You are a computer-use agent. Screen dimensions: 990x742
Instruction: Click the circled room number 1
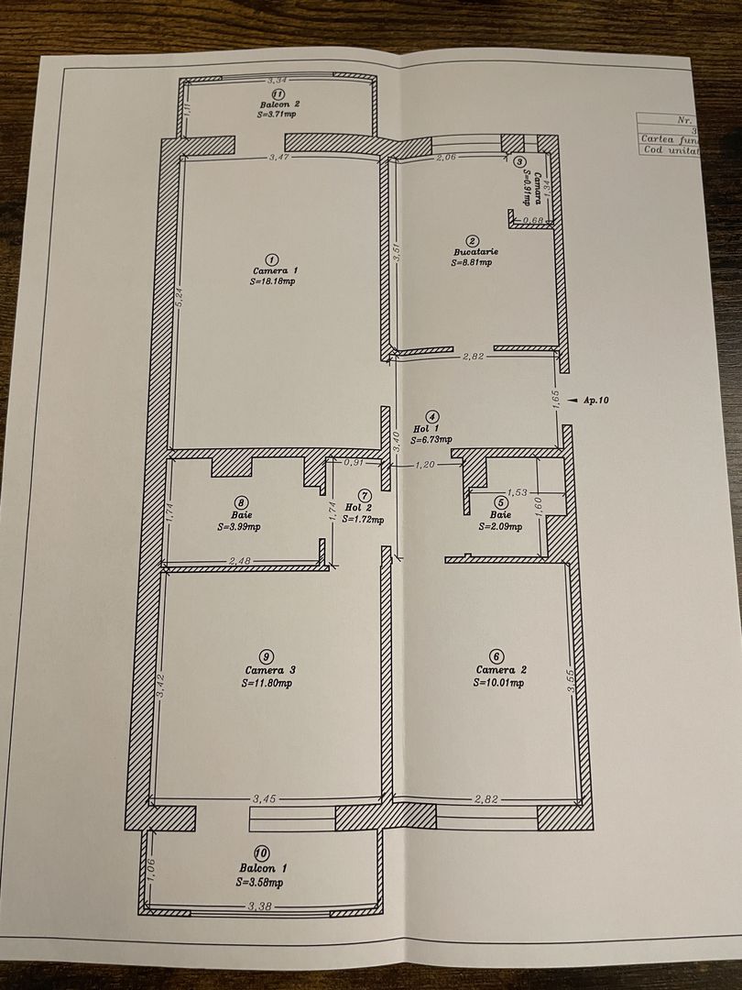coord(271,258)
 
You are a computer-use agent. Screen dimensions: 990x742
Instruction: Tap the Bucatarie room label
coord(475,251)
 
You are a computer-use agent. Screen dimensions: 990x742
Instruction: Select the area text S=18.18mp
coord(272,282)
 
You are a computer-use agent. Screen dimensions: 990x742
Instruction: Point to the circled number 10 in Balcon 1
coord(262,853)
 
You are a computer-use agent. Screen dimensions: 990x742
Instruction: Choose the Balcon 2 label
coord(278,104)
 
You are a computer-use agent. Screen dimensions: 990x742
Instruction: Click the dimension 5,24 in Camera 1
coord(181,302)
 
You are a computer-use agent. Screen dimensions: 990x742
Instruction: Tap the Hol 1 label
coord(431,429)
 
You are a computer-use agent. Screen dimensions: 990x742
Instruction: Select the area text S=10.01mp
coord(499,682)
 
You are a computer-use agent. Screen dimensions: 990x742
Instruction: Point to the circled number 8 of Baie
coord(240,501)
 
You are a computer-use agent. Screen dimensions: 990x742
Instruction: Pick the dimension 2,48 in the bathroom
coord(240,562)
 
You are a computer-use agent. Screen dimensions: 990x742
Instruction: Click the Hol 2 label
coord(358,507)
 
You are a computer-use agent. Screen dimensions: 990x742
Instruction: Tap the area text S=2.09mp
coord(500,527)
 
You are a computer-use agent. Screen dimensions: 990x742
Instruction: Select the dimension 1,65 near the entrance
coord(556,400)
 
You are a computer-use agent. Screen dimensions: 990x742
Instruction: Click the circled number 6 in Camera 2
coord(496,656)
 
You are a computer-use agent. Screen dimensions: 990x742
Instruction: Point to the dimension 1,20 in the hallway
coord(424,467)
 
